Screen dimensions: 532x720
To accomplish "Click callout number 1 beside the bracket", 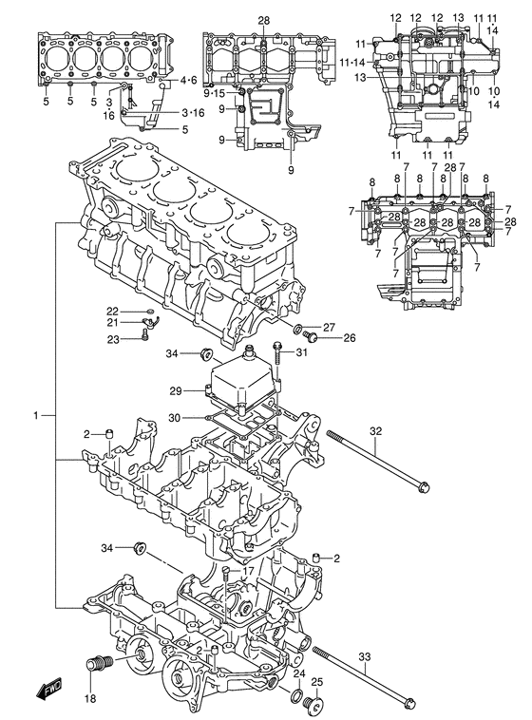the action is [36, 416].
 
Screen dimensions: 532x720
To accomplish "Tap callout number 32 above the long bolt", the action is [375, 431].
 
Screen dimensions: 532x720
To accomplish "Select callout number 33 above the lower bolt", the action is [364, 657].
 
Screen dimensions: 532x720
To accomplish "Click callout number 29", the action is [176, 391].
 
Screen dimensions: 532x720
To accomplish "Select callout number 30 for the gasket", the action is [175, 418].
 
